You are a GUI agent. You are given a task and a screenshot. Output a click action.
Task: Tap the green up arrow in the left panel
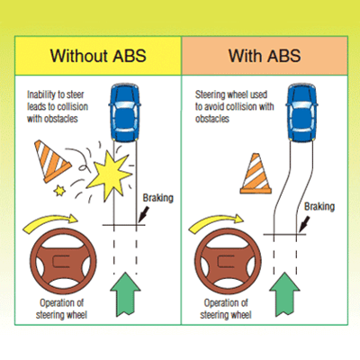pos(123,288)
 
